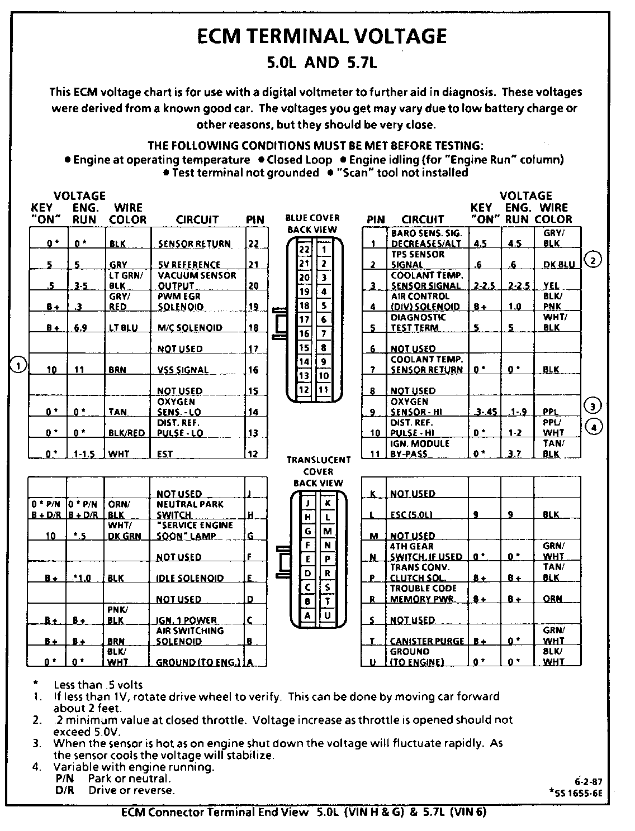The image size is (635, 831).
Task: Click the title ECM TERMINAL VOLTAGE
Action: click(x=323, y=36)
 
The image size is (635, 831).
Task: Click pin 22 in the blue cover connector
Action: click(x=304, y=249)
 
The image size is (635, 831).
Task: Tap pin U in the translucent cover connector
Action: click(x=328, y=615)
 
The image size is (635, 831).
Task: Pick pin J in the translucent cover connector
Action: click(x=307, y=503)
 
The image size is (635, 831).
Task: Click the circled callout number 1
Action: click(x=18, y=366)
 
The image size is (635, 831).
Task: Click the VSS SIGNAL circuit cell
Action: click(x=183, y=370)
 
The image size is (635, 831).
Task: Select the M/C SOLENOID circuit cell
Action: click(x=189, y=328)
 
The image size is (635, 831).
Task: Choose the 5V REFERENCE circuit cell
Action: click(x=189, y=265)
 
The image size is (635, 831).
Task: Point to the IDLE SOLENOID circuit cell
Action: click(x=190, y=578)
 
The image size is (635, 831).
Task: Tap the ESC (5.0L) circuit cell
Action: click(x=411, y=515)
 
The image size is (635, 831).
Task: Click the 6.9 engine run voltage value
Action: click(x=80, y=328)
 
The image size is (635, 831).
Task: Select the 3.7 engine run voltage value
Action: click(x=514, y=454)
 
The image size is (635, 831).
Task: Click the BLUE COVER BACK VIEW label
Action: click(x=312, y=223)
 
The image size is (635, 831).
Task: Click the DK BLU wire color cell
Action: click(x=559, y=265)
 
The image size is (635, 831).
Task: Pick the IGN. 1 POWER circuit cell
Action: click(x=186, y=620)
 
